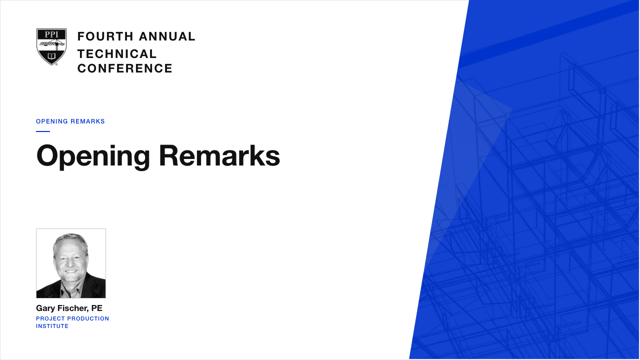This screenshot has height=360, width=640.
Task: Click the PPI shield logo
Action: click(x=51, y=47)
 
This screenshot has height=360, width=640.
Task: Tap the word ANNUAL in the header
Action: click(x=167, y=36)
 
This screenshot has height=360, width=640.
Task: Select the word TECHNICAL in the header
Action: click(x=117, y=54)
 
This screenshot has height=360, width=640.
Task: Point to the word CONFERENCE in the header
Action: click(x=125, y=68)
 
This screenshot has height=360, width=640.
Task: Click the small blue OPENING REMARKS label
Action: click(x=70, y=121)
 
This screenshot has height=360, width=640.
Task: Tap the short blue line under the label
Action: click(x=43, y=131)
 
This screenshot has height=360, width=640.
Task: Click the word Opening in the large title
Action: click(x=93, y=156)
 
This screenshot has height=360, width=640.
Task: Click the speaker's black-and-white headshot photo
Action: click(x=71, y=263)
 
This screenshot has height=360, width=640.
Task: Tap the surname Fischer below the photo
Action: click(x=73, y=308)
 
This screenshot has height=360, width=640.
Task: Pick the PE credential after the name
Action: click(x=96, y=308)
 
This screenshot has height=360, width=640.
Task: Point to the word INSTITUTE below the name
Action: click(x=52, y=326)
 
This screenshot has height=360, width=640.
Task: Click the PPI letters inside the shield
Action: click(x=51, y=34)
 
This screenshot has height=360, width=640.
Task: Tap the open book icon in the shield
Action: click(x=51, y=55)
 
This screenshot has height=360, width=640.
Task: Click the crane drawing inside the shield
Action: click(x=51, y=45)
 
